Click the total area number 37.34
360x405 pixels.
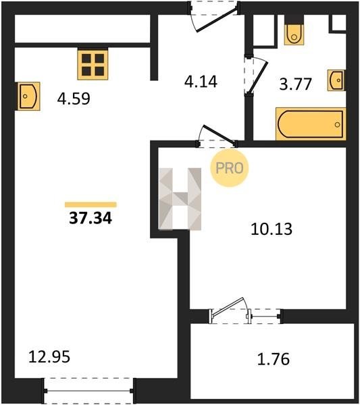pyautogui.click(x=91, y=218)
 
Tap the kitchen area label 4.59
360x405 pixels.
pyautogui.click(x=74, y=99)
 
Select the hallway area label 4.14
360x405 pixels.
pyautogui.click(x=201, y=82)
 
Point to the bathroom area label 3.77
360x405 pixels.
pyautogui.click(x=295, y=84)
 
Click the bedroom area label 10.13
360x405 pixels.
pyautogui.click(x=272, y=229)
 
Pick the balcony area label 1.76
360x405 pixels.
pyautogui.click(x=273, y=359)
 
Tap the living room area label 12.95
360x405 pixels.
pyautogui.click(x=49, y=357)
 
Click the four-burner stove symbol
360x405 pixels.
pyautogui.click(x=93, y=65)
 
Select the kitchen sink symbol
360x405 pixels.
pyautogui.click(x=28, y=96)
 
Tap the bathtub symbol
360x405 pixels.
pyautogui.click(x=311, y=124)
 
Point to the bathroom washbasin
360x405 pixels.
pyautogui.click(x=336, y=80)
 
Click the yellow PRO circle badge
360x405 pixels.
pyautogui.click(x=229, y=168)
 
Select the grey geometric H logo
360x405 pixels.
pyautogui.click(x=180, y=199)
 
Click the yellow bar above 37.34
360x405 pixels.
pyautogui.click(x=91, y=205)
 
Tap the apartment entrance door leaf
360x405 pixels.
pyautogui.click(x=217, y=20)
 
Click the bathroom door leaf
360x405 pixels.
pyautogui.click(x=259, y=77)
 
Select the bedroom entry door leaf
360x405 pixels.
pyautogui.click(x=220, y=134)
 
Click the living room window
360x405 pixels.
pyautogui.click(x=88, y=391)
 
